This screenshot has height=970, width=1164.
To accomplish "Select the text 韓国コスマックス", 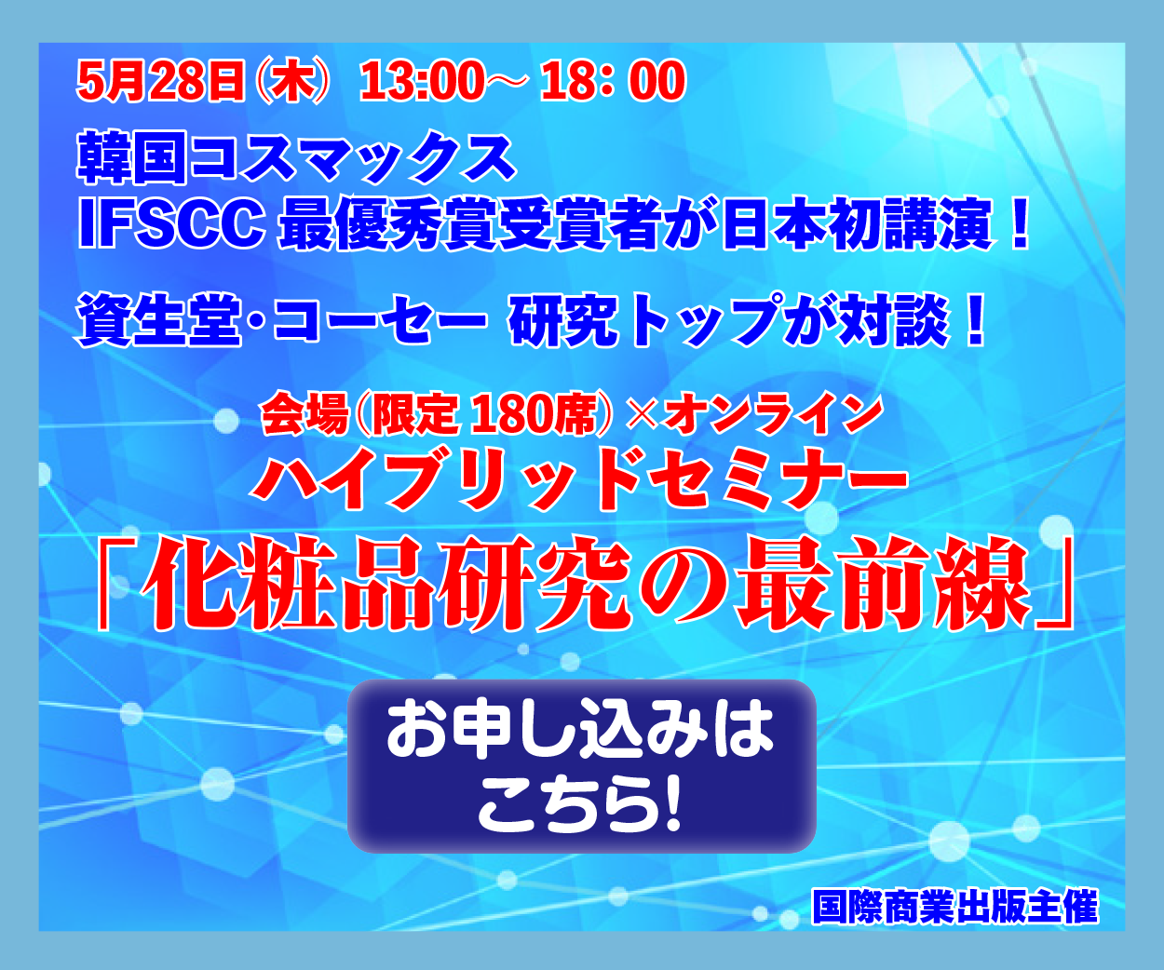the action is pos(296,157).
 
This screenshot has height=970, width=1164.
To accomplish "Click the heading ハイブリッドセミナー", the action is pos(580,479).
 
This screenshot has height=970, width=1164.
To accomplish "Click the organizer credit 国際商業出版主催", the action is pos(955,907).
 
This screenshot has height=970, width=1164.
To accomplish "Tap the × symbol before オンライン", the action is pos(643,415).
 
